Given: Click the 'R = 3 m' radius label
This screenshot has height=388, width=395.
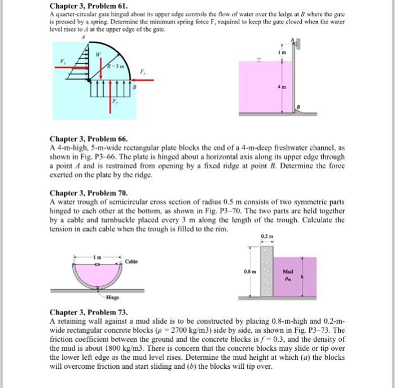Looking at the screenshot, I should (x=116, y=66).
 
